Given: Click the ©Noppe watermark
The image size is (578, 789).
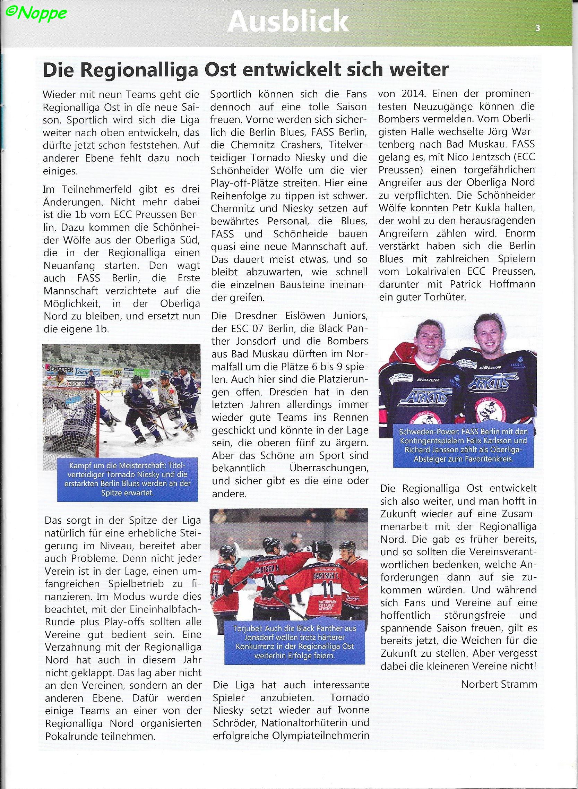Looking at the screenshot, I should [x=36, y=13].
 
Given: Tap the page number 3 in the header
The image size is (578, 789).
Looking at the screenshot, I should [x=537, y=28].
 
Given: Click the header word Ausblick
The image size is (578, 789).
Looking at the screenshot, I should [x=288, y=22].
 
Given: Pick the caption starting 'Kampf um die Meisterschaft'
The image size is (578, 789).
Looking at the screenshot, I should [x=124, y=479].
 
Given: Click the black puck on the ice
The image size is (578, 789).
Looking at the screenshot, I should [x=105, y=442].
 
